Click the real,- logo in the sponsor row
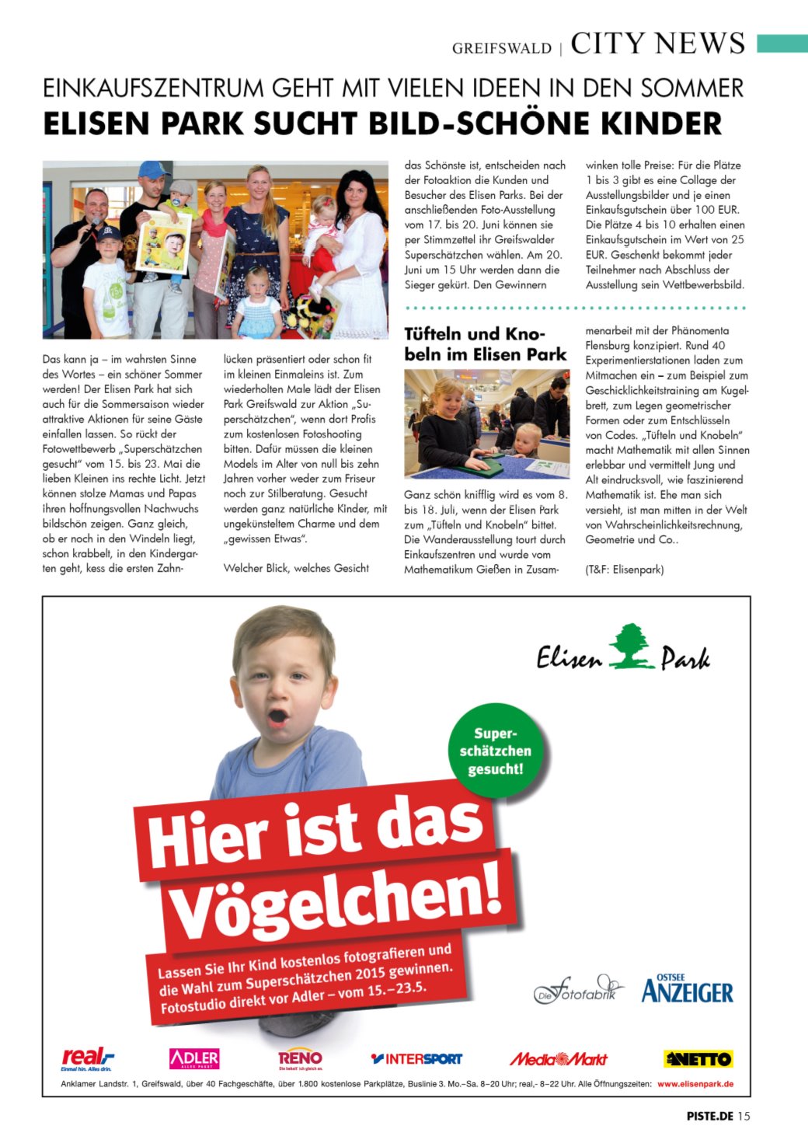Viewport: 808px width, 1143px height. (87, 1058)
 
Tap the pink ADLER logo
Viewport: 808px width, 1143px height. (194, 1058)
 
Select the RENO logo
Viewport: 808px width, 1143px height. (300, 1058)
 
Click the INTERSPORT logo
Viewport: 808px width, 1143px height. (416, 1058)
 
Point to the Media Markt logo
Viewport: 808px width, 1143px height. (558, 1058)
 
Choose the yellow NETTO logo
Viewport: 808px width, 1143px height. (698, 1058)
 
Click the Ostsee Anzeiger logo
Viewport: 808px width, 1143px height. (688, 989)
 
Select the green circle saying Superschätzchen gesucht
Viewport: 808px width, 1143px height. (495, 751)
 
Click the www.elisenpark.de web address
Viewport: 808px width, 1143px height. (695, 1084)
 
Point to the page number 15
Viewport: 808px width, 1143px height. (744, 1116)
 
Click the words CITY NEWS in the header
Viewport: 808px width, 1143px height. (657, 44)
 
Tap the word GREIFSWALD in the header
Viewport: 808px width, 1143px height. (501, 48)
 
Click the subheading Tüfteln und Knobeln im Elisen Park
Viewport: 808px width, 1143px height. (485, 344)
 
